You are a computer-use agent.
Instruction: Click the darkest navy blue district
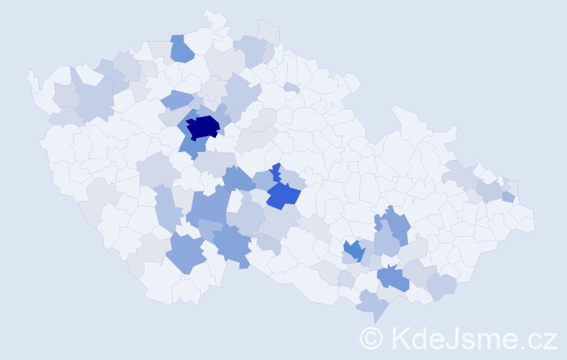click(203, 127)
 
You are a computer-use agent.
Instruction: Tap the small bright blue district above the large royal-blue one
click(276, 172)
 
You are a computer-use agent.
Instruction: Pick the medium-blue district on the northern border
click(182, 49)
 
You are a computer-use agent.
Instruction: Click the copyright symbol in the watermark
click(371, 337)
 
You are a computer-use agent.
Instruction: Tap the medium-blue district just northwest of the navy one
click(176, 100)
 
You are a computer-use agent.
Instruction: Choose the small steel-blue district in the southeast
click(353, 251)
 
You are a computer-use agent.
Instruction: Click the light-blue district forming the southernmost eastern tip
click(373, 305)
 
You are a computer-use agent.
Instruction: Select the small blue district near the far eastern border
click(509, 197)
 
